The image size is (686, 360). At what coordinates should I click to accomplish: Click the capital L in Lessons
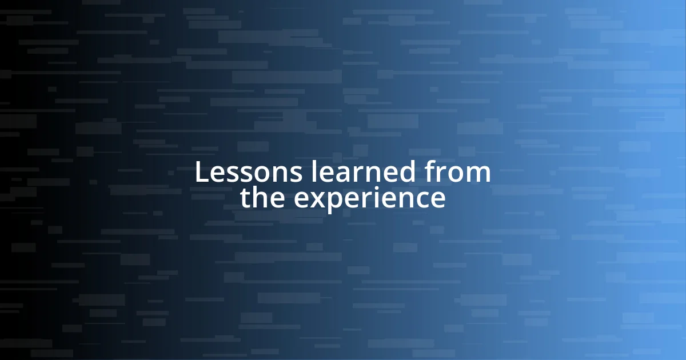201,173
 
